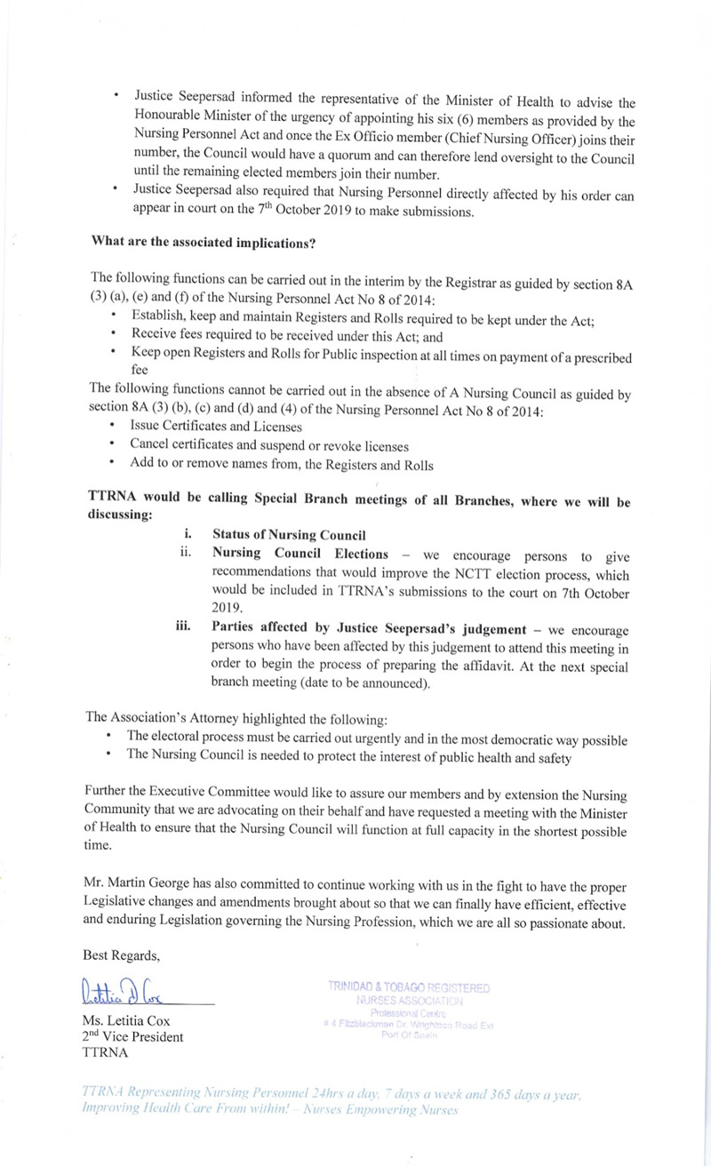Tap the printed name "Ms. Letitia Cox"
coord(127,1020)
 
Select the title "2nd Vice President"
coord(132,1036)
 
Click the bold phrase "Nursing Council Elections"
coord(300,554)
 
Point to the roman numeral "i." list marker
coord(188,535)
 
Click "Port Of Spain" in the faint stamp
coord(408,1036)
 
